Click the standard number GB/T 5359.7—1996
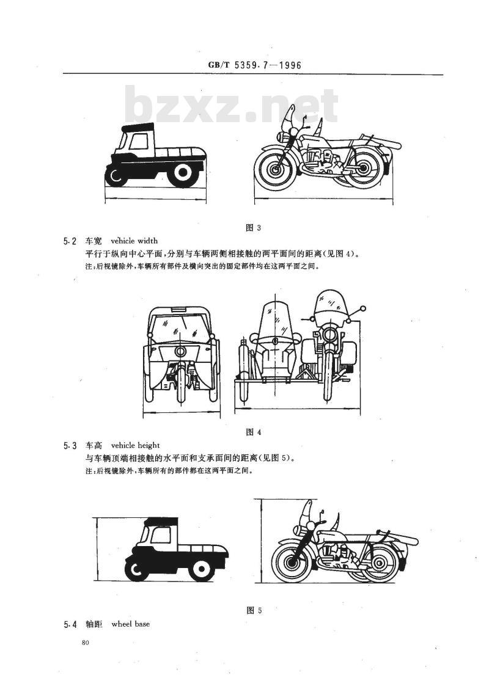click(254, 65)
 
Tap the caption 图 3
click(253, 228)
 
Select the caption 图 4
click(254, 432)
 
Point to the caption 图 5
click(254, 611)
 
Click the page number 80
click(85, 643)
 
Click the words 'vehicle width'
click(134, 241)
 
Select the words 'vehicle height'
click(136, 445)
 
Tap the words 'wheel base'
click(131, 624)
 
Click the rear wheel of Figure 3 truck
click(183, 173)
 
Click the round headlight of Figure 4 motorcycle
click(330, 334)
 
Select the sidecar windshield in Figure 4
click(273, 319)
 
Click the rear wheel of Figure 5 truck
click(200, 567)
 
